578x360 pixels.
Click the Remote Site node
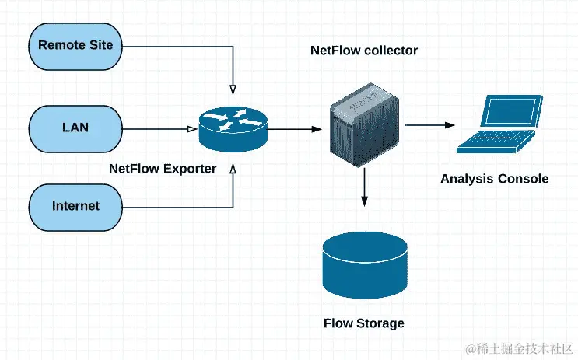(75, 45)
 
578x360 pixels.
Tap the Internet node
(75, 206)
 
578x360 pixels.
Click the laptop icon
(496, 124)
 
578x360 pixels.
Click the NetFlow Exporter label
(163, 168)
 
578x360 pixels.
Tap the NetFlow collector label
(364, 51)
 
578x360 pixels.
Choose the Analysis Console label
(494, 179)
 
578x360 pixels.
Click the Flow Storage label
(364, 323)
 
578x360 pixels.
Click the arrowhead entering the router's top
(233, 87)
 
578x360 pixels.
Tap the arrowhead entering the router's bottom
(233, 169)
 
